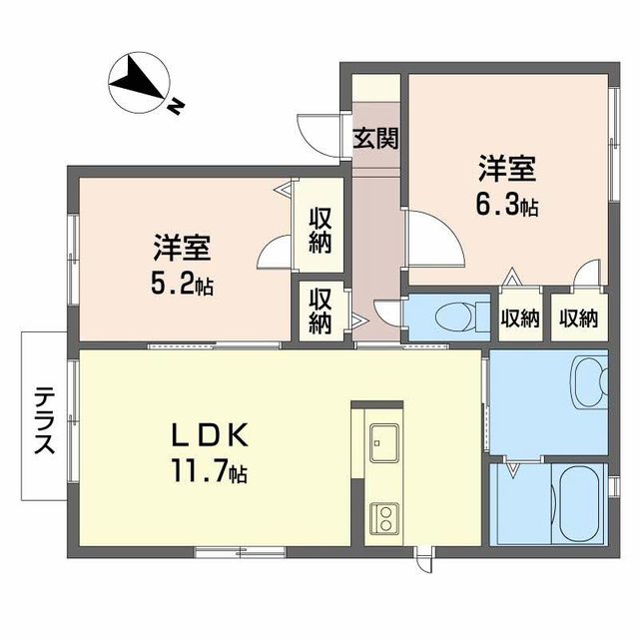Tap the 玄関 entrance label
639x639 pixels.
coord(374,138)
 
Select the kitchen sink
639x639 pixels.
coord(382,441)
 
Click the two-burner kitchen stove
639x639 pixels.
coord(382,517)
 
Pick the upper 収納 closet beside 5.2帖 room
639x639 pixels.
coord(319,229)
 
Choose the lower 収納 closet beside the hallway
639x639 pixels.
coord(319,310)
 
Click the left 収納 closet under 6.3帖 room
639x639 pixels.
coord(519,319)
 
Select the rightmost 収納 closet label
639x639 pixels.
coord(578,319)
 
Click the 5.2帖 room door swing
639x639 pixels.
coord(274,255)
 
